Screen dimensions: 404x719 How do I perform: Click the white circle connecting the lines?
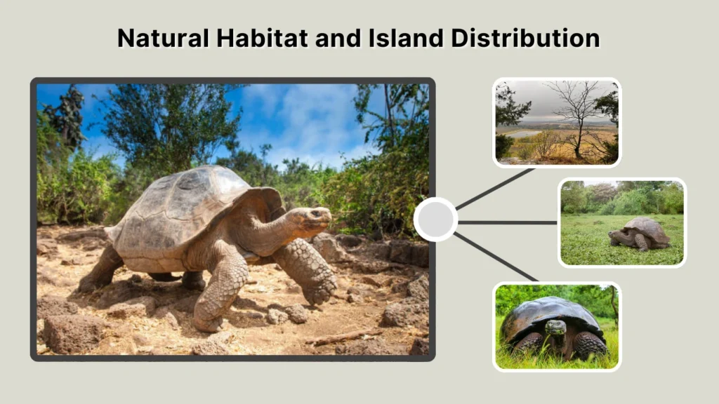[435, 220]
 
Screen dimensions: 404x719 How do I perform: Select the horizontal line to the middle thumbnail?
[507, 222]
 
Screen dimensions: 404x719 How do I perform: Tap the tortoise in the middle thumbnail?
[640, 233]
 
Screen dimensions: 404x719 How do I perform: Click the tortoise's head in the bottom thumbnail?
[555, 328]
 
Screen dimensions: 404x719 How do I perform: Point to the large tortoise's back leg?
[102, 270]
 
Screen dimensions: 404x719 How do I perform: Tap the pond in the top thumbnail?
[523, 133]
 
